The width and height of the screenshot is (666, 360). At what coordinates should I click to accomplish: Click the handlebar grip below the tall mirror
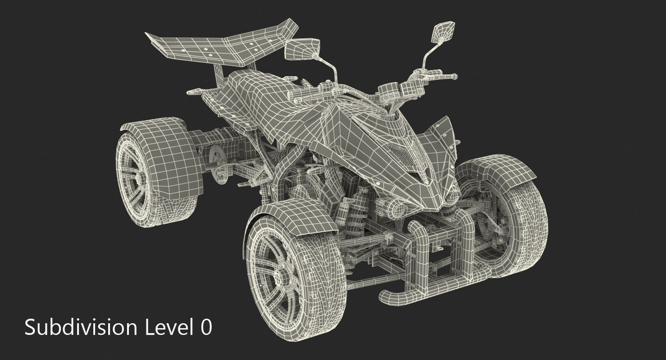point(447,76)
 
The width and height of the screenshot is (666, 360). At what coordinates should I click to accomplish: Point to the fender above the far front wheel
point(503,173)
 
